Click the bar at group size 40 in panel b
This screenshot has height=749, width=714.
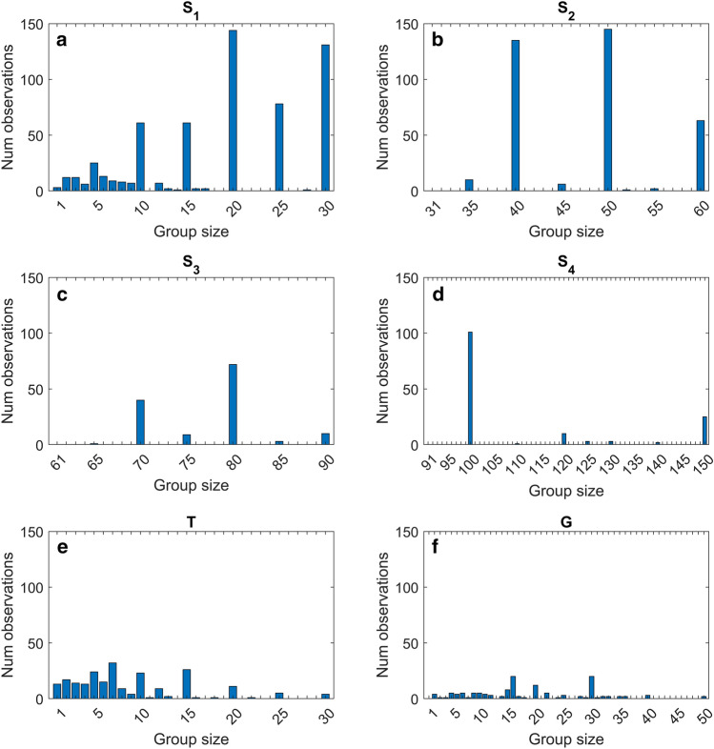[x=515, y=115]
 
